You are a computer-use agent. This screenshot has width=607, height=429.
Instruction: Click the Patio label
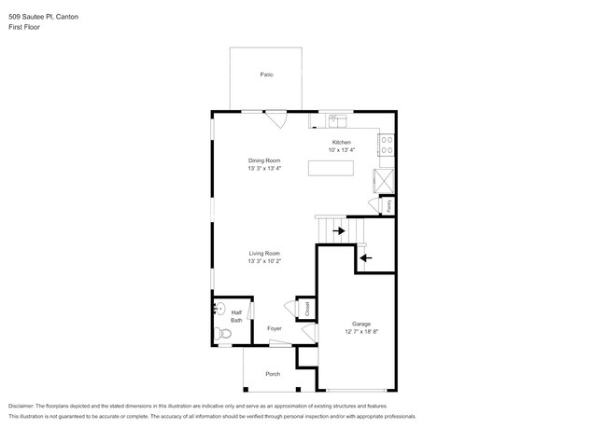266,75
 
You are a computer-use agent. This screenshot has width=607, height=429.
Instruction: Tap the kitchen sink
337,119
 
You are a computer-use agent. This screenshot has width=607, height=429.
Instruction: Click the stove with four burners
386,145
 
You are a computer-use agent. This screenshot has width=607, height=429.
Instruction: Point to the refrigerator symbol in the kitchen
384,179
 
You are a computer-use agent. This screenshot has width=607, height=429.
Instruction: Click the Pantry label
388,204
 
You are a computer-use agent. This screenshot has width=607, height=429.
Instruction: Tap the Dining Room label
264,160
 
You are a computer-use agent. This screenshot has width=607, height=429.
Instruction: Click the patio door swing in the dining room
276,120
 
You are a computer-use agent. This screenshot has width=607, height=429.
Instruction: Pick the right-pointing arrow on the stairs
338,229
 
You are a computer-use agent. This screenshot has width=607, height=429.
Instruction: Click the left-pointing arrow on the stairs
365,257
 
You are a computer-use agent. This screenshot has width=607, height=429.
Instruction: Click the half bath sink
220,309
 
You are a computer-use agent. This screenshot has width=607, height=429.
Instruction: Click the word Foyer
275,329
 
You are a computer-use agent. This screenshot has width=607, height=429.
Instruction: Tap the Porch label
273,374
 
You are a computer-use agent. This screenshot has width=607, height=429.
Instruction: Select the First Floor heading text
24,27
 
